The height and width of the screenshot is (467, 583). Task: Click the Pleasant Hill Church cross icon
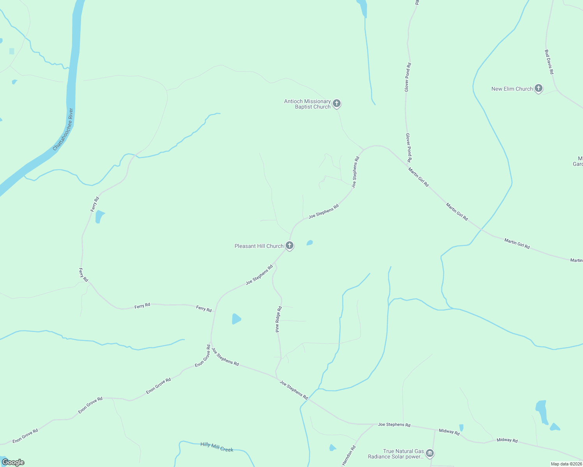289,245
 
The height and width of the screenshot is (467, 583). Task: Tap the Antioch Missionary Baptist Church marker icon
337,104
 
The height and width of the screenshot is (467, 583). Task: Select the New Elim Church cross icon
538,88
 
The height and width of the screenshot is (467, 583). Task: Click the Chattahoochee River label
63,130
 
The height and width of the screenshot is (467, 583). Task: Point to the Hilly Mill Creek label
217,447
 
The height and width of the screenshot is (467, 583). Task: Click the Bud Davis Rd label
549,62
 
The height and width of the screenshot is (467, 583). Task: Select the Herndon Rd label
349,456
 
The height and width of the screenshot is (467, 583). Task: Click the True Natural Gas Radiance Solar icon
429,453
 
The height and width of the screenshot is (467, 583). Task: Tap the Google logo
13,462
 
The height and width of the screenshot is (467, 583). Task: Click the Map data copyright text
566,464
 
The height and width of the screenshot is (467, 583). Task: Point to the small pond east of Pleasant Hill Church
310,243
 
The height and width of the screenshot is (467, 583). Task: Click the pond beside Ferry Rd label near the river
100,216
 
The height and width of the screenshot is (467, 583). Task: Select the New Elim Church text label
512,89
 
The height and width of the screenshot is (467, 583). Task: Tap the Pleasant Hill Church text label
259,246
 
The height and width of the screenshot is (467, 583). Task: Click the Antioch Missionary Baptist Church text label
307,104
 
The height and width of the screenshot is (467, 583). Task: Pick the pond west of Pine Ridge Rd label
236,319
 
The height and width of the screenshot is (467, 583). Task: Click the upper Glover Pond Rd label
408,77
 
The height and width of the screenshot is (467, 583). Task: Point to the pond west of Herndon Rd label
332,448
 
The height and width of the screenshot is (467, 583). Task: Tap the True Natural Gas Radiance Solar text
396,454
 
